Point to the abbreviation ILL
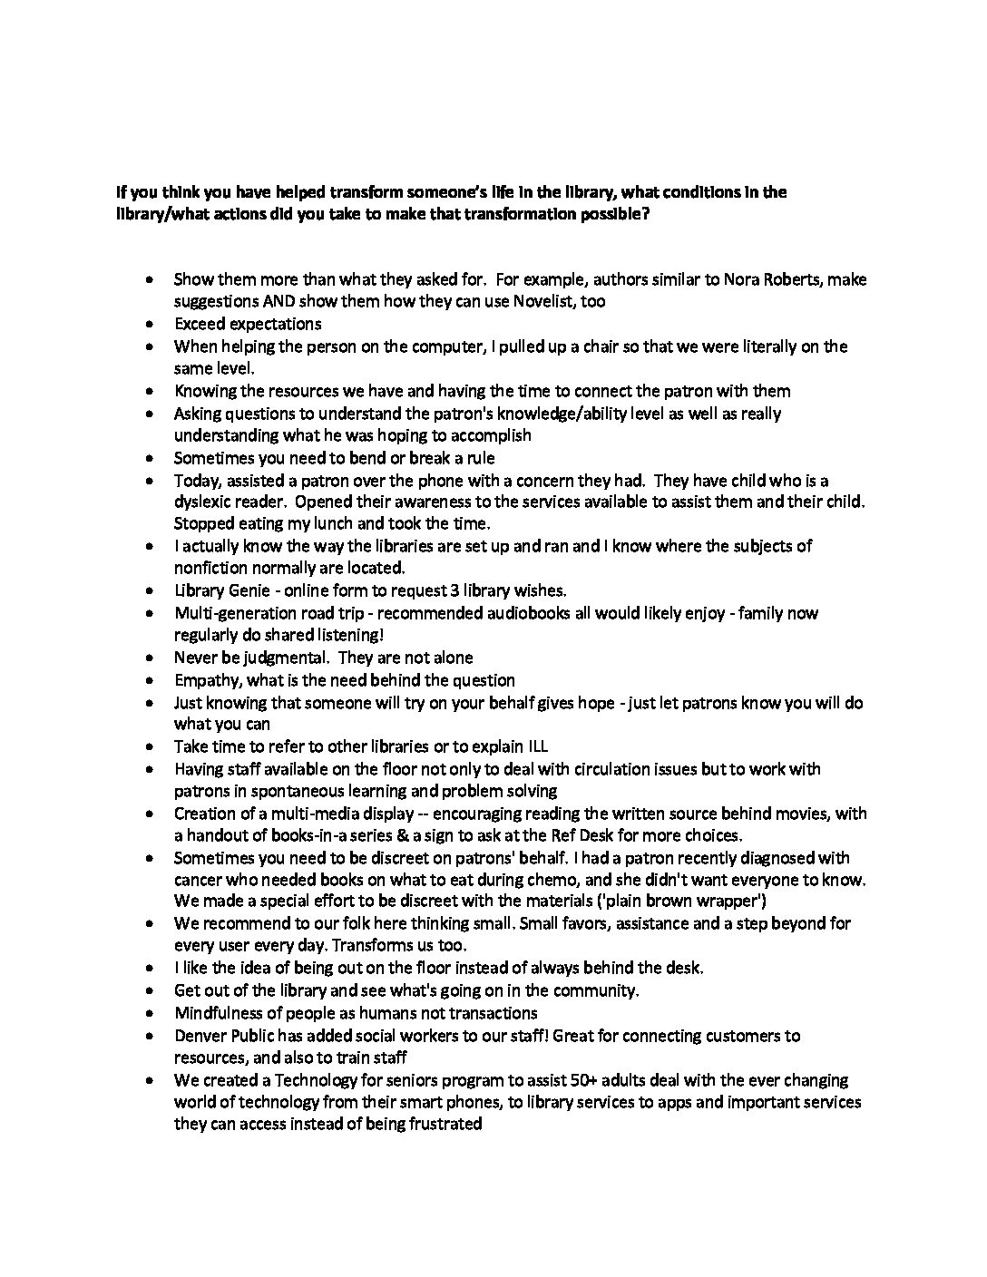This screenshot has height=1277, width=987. click(536, 746)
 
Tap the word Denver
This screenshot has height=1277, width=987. click(201, 1036)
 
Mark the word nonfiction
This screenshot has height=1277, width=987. click(210, 568)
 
